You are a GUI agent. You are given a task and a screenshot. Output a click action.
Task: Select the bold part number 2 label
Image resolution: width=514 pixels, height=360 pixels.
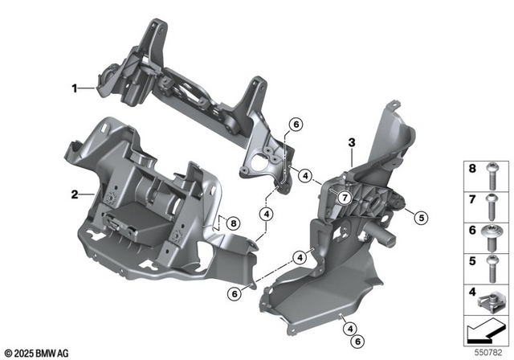pyautogui.click(x=74, y=194)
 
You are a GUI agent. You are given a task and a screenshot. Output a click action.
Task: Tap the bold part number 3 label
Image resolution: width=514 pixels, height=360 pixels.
pyautogui.click(x=351, y=143)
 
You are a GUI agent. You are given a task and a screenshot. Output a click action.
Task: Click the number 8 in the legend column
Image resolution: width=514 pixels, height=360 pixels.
pyautogui.click(x=472, y=170)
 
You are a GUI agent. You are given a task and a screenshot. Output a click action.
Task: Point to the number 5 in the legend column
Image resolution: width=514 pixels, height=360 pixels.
pyautogui.click(x=472, y=262)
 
